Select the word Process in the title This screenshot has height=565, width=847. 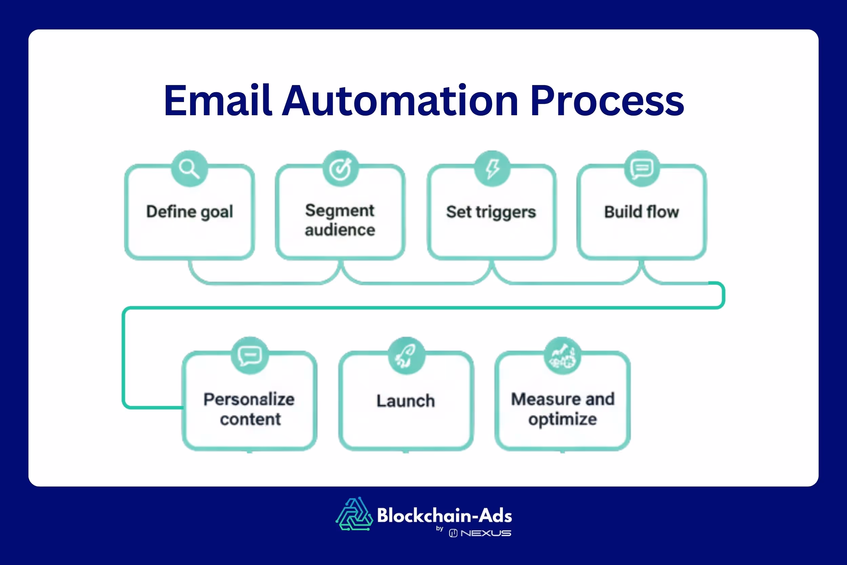[x=607, y=101]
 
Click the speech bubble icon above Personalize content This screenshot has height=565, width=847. [x=250, y=355]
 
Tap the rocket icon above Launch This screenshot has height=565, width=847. [x=406, y=355]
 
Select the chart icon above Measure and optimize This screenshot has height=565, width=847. [x=562, y=355]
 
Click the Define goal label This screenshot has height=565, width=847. [x=189, y=211]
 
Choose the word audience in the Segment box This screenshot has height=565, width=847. [x=340, y=230]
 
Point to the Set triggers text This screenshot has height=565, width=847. [x=491, y=212]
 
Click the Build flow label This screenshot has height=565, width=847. [x=642, y=212]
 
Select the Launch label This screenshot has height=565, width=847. [x=406, y=401]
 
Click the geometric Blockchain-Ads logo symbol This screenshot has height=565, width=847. [x=354, y=514]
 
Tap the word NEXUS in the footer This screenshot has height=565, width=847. [x=486, y=533]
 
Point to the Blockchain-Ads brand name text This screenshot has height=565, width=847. [x=445, y=515]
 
